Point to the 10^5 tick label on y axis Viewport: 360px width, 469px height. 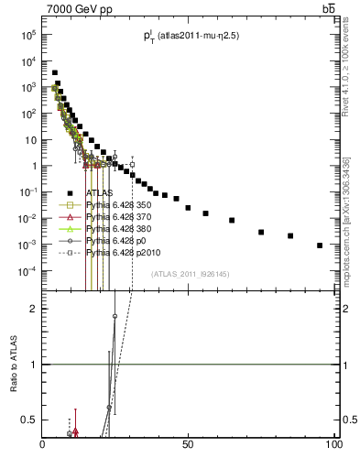point(27,35)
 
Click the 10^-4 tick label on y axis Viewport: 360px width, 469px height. point(27,271)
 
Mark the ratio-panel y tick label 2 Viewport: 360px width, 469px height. point(34,309)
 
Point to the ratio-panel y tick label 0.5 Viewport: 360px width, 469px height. point(30,420)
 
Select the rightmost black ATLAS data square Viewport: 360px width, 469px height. point(320,245)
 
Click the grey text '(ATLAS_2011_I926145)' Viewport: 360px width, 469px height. point(190,273)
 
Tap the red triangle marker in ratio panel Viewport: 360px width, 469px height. point(76,430)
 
